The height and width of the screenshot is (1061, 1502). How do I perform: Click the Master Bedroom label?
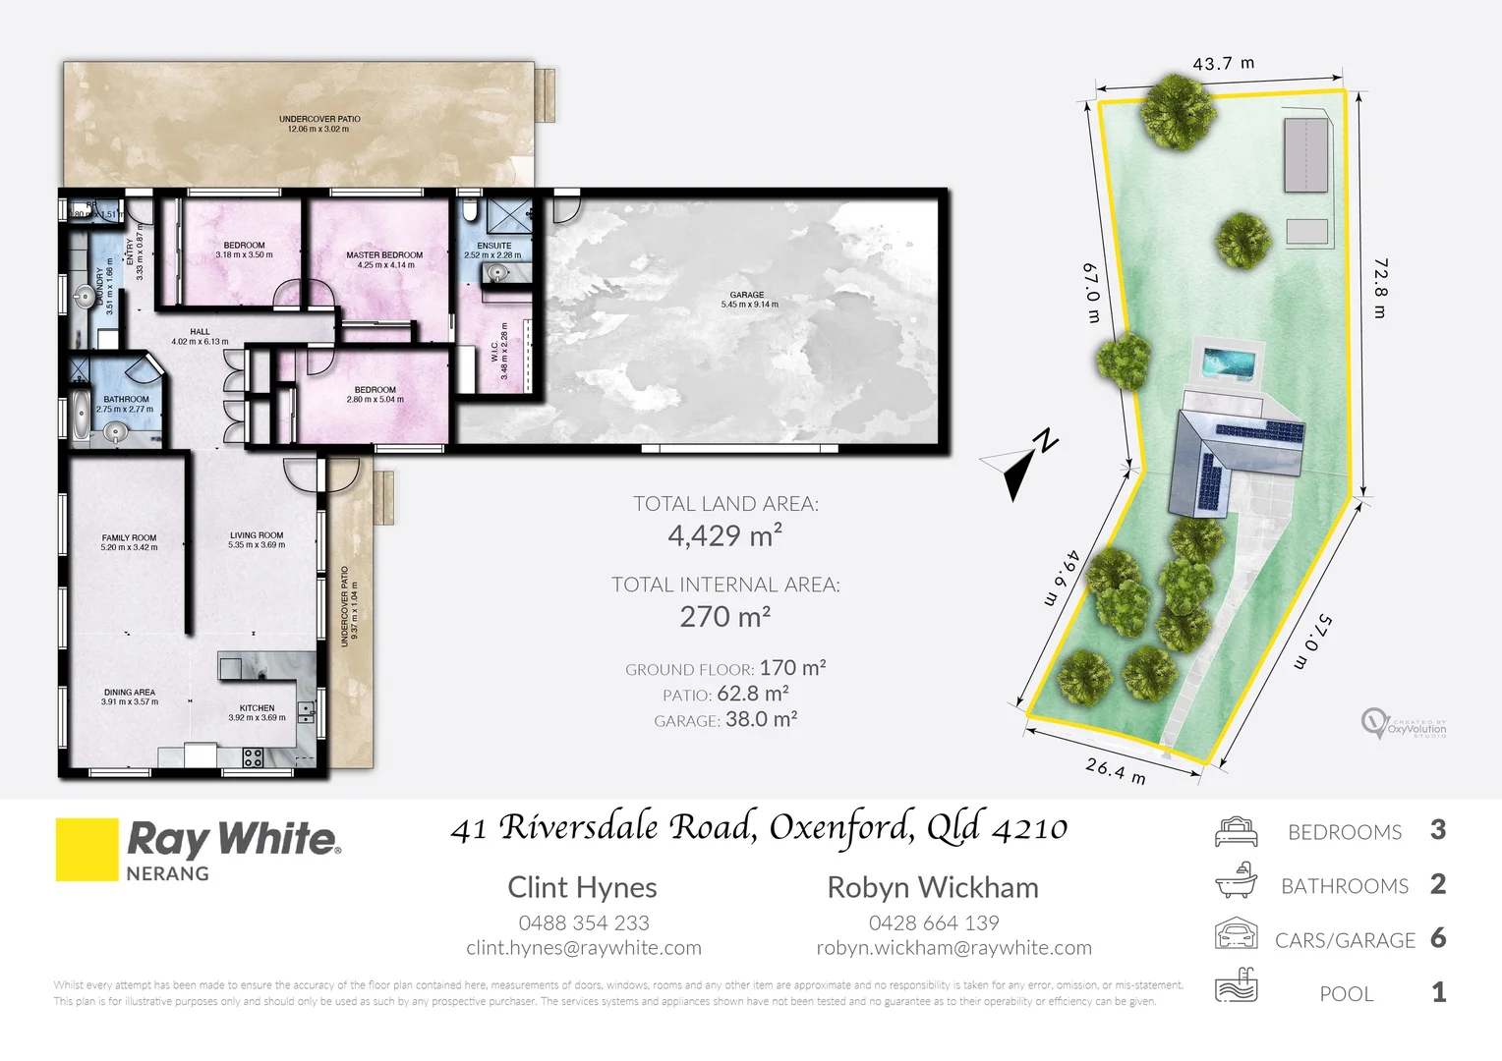tap(384, 259)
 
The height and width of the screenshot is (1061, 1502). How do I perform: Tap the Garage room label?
tap(749, 300)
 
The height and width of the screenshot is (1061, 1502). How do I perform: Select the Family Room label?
tap(129, 542)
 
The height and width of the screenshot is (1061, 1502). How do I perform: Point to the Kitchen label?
tap(257, 712)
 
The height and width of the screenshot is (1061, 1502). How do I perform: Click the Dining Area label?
tap(129, 697)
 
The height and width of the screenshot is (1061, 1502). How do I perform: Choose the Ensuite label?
tap(493, 251)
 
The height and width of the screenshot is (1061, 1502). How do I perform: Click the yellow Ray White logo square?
tap(87, 850)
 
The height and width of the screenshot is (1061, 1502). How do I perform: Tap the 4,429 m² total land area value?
tap(725, 535)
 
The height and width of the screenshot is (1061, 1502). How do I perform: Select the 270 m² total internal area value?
tap(725, 617)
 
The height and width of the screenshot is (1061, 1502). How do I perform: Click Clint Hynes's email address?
tap(584, 948)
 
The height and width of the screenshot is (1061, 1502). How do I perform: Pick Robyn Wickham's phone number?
tap(933, 923)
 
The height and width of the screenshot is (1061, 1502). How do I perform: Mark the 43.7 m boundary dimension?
tap(1223, 64)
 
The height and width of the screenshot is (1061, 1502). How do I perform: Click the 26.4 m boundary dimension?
tap(1116, 770)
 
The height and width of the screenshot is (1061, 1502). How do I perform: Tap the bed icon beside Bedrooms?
tap(1236, 832)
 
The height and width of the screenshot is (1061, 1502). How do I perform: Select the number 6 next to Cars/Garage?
tap(1438, 938)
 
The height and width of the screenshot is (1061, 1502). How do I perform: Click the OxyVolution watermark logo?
tap(1403, 724)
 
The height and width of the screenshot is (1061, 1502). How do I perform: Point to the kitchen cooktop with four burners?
tap(253, 756)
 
